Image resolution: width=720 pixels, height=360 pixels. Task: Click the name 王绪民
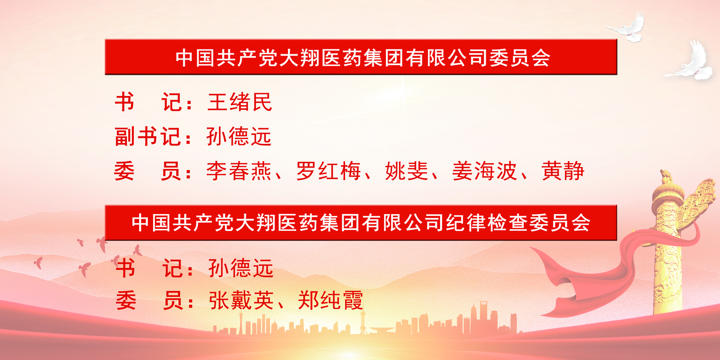pos(240,102)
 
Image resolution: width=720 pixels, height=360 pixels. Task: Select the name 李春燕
pos(239,171)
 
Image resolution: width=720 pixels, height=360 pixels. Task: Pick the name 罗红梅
pos(328,171)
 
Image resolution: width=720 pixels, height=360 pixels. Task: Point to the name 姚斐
pos(407,171)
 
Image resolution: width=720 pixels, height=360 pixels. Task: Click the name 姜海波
pos(484,171)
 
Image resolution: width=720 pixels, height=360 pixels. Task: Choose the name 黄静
pos(563,171)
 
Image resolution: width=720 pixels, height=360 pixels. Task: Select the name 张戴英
pos(241,300)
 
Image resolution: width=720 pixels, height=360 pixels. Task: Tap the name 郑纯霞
pos(331,300)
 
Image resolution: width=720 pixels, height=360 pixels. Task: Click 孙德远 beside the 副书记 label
pos(239,137)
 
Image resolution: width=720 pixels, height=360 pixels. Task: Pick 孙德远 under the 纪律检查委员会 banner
pos(241,268)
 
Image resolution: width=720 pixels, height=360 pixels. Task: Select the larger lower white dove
pos(691,63)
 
